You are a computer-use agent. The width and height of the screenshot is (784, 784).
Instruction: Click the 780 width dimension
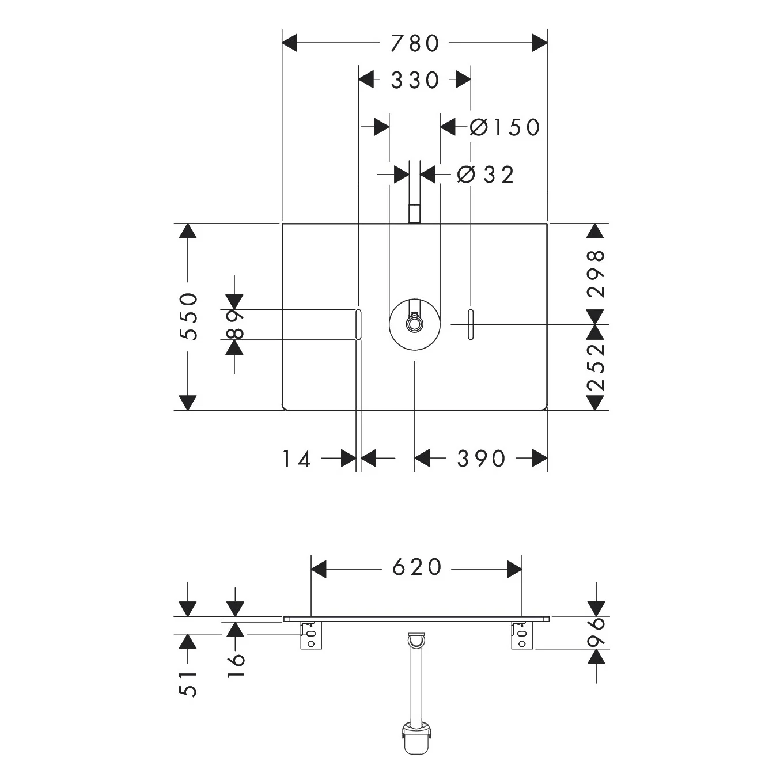(415, 43)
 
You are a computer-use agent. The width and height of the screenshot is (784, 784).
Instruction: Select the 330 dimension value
(415, 80)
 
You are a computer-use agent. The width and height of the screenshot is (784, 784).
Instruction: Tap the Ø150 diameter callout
(505, 127)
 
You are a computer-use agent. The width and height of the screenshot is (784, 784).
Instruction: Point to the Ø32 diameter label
(486, 175)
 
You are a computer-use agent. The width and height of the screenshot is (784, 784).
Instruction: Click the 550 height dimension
(189, 316)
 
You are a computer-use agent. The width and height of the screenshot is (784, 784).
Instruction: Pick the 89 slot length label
(236, 324)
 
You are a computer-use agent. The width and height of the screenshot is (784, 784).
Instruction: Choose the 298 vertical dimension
(596, 274)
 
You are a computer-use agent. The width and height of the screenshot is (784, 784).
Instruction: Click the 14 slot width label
(297, 459)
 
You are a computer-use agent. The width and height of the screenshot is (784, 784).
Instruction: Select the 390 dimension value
(482, 459)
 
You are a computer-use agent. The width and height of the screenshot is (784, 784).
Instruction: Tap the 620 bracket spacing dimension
(417, 567)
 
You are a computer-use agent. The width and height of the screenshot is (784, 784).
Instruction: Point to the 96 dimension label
(596, 632)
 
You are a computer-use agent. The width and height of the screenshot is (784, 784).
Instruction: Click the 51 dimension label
(189, 685)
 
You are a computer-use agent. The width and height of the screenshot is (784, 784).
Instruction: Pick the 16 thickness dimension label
(236, 666)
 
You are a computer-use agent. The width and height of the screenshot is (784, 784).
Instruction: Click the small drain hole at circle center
(415, 324)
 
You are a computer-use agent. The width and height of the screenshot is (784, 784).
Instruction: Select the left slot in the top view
(358, 324)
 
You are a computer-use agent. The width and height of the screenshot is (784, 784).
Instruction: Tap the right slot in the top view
(471, 324)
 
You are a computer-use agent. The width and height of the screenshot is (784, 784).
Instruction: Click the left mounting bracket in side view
(311, 635)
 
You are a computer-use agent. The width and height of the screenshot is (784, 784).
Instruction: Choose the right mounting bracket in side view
(522, 635)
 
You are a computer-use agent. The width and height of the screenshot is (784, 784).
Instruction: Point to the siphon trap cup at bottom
(415, 739)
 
